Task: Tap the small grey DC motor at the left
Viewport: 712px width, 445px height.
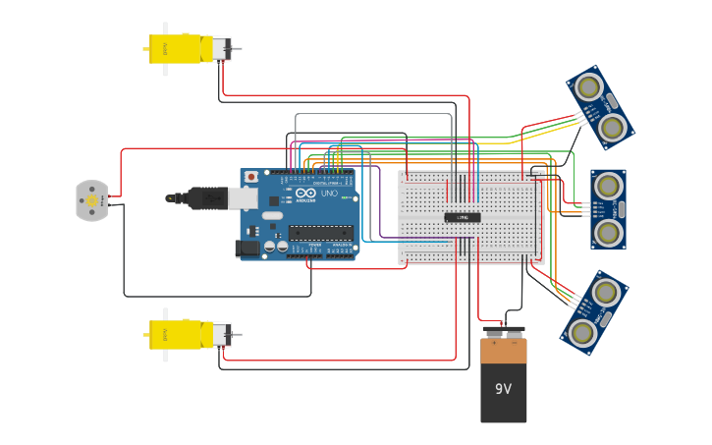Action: [x=91, y=200]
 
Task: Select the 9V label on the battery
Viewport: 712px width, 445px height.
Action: [x=503, y=389]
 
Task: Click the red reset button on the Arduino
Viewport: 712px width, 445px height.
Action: [x=251, y=177]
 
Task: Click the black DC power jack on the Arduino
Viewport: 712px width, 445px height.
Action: [x=248, y=249]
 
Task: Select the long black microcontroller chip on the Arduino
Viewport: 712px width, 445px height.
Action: [x=319, y=233]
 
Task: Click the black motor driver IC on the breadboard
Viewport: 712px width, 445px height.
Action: [x=463, y=217]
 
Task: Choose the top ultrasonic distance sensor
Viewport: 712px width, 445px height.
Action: [x=600, y=107]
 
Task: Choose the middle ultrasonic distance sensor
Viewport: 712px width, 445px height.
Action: [x=608, y=208]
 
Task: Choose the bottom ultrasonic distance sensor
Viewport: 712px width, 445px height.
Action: [x=594, y=312]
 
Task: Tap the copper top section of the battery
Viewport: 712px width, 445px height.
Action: [x=503, y=351]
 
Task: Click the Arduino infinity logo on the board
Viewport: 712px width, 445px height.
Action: [x=305, y=195]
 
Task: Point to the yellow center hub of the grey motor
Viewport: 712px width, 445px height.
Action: [x=92, y=200]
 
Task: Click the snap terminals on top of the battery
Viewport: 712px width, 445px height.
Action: [x=503, y=331]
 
